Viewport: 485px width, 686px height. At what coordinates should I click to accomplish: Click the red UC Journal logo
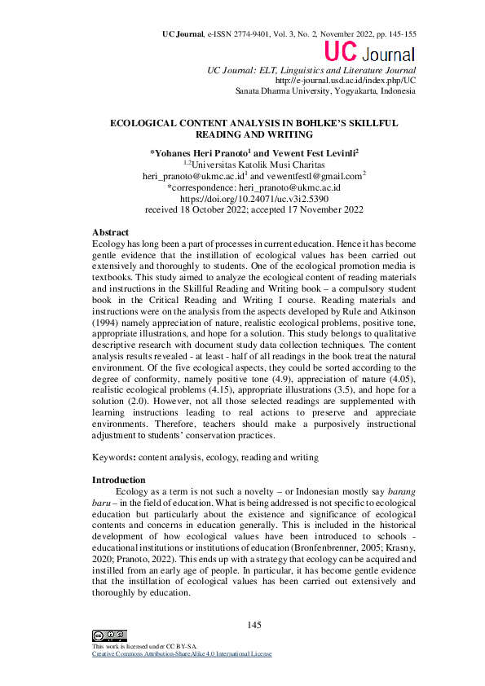coord(369,54)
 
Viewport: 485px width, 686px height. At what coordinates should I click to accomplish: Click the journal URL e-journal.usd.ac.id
coord(346,81)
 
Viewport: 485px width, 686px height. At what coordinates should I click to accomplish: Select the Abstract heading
coord(110,233)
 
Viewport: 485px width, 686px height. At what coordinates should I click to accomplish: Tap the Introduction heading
coord(118,480)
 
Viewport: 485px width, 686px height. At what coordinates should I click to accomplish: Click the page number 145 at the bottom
coord(254,625)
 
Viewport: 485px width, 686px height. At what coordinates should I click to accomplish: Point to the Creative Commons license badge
coord(109,635)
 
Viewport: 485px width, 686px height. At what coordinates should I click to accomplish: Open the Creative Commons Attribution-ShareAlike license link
coord(181,653)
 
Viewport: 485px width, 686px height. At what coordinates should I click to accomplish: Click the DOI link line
coord(254,198)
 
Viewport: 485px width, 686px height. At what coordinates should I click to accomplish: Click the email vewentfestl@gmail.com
coord(313,175)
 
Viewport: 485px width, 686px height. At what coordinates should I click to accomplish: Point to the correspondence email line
coord(254,187)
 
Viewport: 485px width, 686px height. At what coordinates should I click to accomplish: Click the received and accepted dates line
coord(254,209)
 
